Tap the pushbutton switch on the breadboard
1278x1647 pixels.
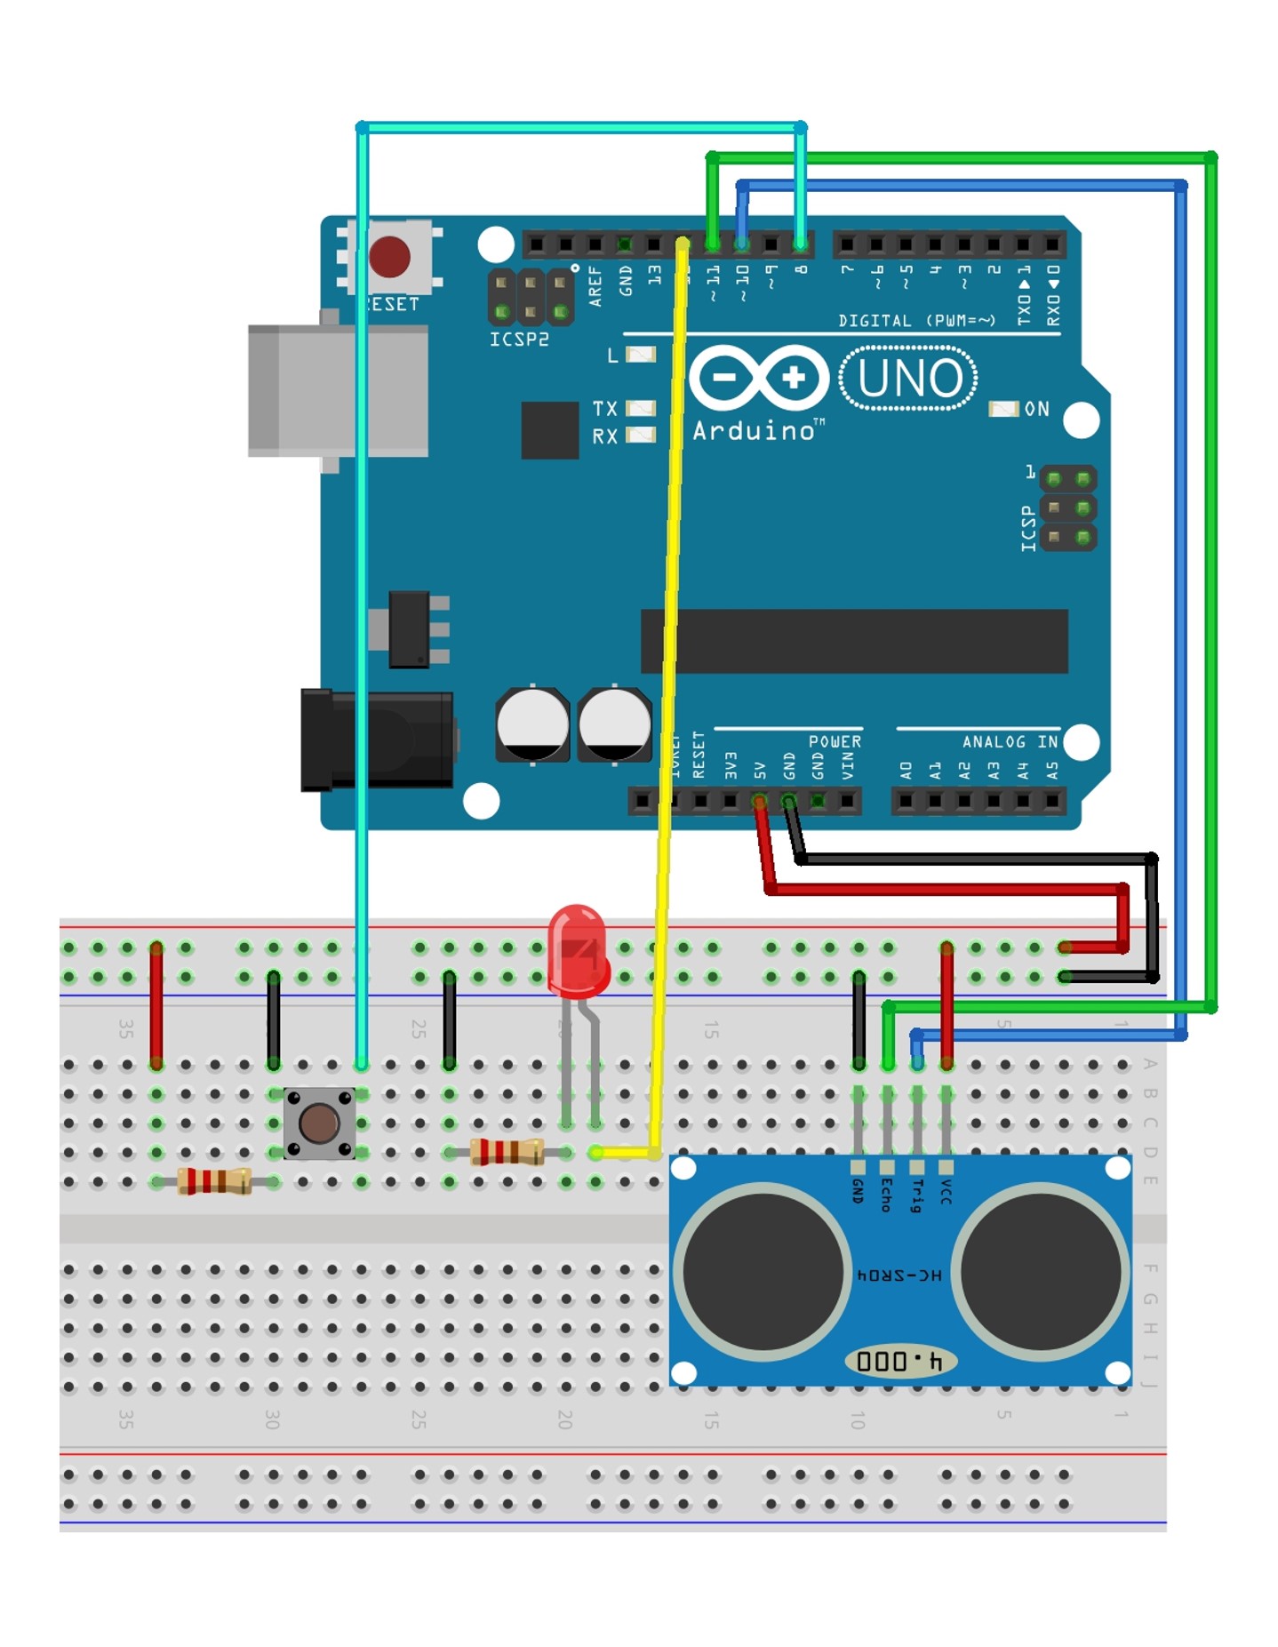click(x=319, y=1123)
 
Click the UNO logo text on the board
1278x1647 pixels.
click(x=908, y=379)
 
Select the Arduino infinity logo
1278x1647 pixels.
click(x=758, y=378)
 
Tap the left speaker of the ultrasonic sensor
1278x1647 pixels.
click(x=762, y=1271)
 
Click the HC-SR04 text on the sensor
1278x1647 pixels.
click(x=899, y=1275)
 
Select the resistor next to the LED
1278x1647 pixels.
click(x=507, y=1152)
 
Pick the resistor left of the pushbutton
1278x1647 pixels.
click(x=214, y=1181)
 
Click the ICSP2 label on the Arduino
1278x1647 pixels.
click(x=519, y=340)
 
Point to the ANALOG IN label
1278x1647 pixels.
click(x=1010, y=741)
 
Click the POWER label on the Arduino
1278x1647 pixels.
click(x=834, y=741)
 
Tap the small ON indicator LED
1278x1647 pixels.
click(x=1003, y=409)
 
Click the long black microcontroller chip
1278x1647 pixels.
click(x=853, y=641)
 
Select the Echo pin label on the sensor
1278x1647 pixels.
click(x=886, y=1195)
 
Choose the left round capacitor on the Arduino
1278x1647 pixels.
click(x=532, y=724)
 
